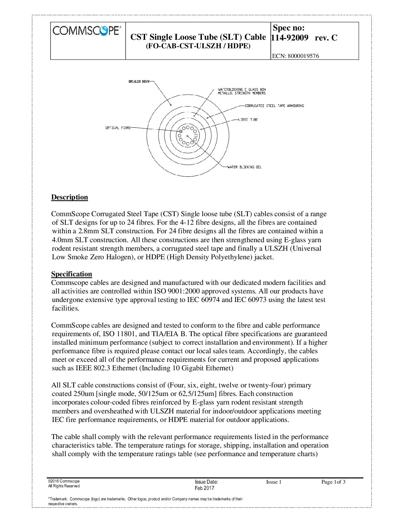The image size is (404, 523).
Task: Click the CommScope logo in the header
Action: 87,30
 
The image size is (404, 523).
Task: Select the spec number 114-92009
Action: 290,38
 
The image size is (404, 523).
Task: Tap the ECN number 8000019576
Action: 295,56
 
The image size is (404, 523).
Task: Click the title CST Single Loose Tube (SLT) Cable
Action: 198,37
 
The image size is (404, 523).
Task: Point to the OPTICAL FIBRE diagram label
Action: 118,128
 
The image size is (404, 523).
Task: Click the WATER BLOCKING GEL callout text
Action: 244,167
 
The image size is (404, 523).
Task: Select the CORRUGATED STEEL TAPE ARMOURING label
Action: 274,106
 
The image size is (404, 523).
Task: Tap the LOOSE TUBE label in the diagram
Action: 248,120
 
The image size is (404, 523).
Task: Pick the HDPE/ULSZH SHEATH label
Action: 139,81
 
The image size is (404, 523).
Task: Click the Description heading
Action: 69,197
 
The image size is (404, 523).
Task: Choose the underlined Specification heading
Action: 72,274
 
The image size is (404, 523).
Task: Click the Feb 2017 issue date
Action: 204,488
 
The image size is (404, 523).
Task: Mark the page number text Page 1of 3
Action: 333,482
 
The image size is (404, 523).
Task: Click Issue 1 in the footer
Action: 274,482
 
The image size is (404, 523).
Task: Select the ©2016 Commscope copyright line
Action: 64,481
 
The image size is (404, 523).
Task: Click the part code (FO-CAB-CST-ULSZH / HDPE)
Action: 198,46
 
